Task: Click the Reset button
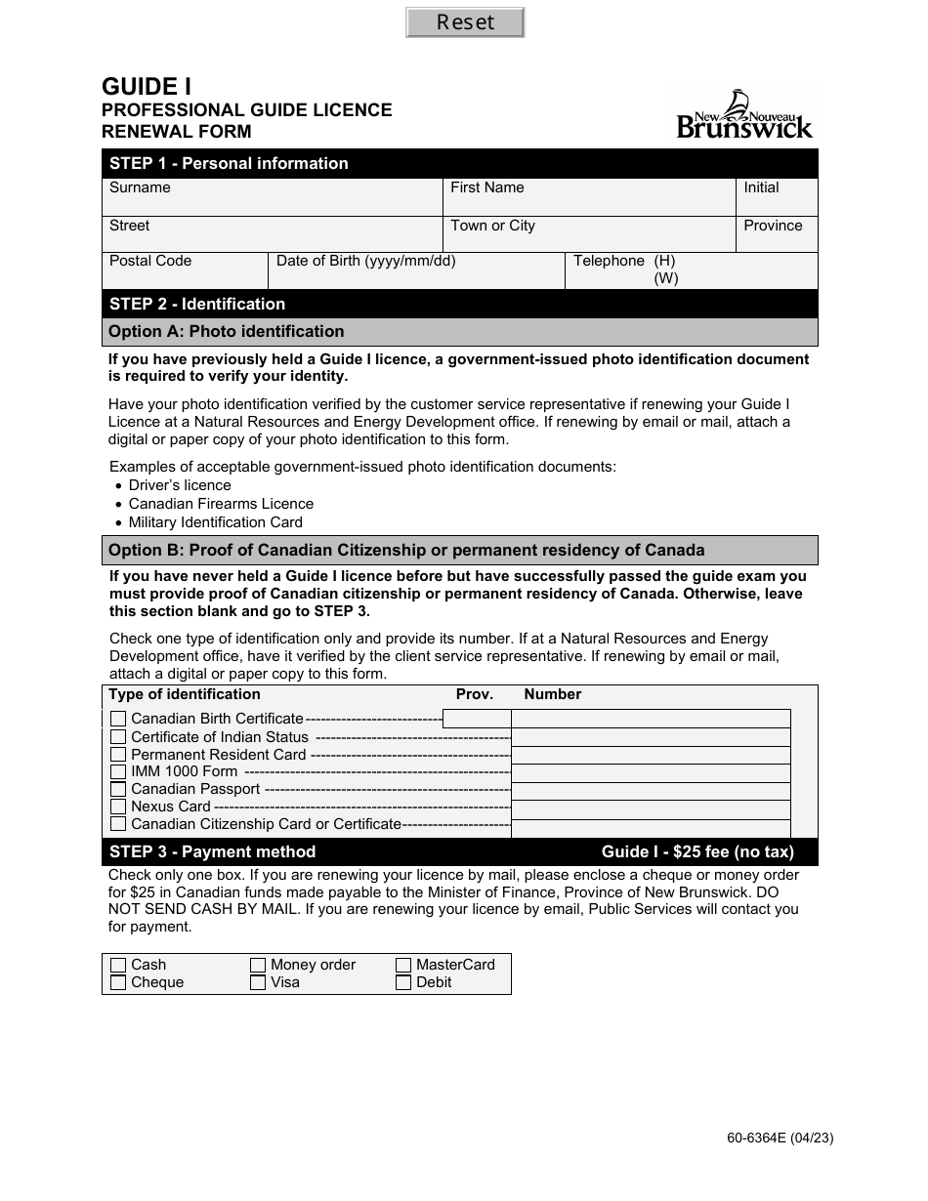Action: [x=465, y=22]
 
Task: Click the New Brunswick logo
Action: [x=744, y=115]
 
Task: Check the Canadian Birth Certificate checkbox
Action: [x=118, y=720]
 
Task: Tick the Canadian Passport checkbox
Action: [x=118, y=789]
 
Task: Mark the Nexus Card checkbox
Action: [x=118, y=807]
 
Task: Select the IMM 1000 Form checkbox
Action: [x=118, y=771]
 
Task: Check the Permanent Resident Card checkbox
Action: [x=118, y=755]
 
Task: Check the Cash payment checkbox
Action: [x=118, y=965]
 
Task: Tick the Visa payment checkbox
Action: [x=258, y=982]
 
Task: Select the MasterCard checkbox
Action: [x=403, y=965]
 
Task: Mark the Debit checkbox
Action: [x=403, y=982]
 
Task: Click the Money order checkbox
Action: [x=258, y=965]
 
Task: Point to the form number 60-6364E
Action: [x=780, y=1138]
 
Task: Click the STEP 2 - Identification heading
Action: [x=197, y=304]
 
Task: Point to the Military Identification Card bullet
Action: [x=215, y=522]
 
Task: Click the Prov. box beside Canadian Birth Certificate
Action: [x=477, y=720]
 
